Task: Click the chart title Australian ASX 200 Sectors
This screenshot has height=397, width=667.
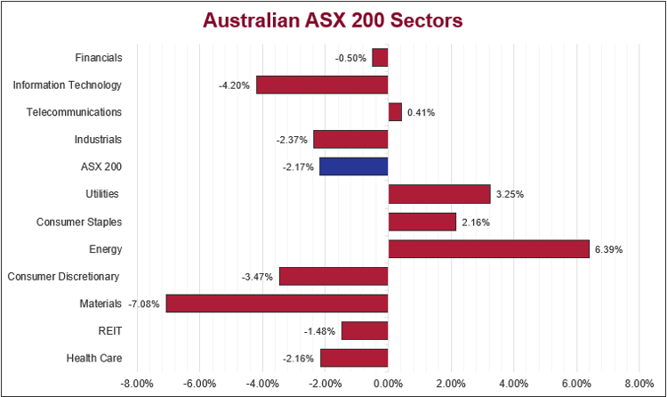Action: tap(333, 20)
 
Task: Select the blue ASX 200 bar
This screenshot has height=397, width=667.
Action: tap(354, 166)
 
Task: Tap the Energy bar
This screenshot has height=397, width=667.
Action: tap(488, 248)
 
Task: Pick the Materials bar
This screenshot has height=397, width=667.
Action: tap(277, 304)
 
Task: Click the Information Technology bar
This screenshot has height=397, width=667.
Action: tap(322, 85)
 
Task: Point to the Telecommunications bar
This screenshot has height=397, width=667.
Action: tap(395, 112)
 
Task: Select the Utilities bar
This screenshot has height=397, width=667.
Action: tap(439, 194)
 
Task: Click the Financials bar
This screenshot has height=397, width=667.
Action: tap(380, 58)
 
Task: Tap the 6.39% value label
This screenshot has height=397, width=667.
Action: tap(608, 249)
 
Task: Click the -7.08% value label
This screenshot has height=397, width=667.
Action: tap(144, 304)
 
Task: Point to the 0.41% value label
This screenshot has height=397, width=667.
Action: tap(422, 113)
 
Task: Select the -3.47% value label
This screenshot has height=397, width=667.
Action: tap(257, 277)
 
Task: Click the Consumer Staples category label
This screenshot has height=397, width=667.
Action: tap(79, 222)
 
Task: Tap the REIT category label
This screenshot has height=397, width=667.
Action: tap(109, 331)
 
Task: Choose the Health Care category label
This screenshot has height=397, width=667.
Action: tap(93, 359)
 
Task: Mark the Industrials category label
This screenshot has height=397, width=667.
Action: tap(98, 139)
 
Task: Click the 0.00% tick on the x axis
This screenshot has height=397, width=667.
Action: tap(388, 384)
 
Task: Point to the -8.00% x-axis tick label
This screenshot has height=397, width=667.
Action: tap(137, 384)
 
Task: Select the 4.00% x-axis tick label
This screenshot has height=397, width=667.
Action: tap(514, 384)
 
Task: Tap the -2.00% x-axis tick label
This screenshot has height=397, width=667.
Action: tap(325, 384)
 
